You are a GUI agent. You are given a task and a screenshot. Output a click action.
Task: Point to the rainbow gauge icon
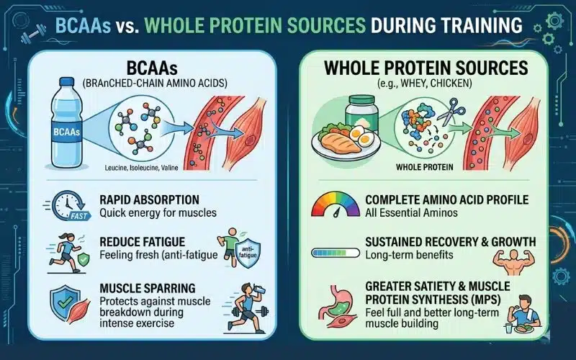click(x=335, y=204)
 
